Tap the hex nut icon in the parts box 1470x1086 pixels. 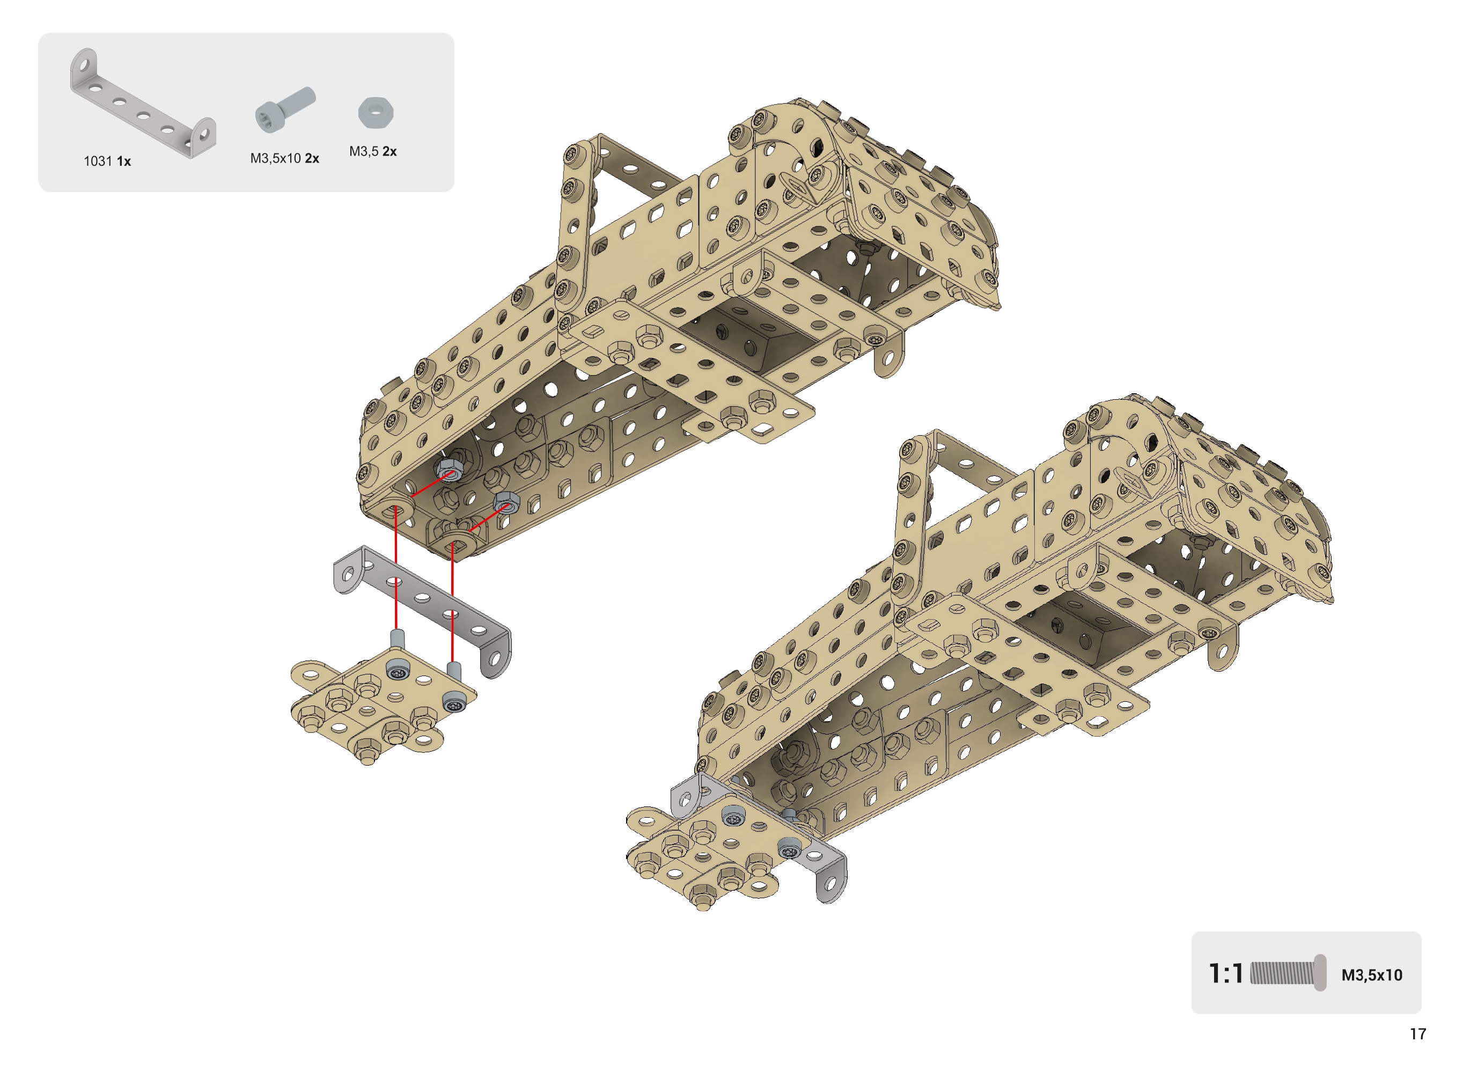[376, 113]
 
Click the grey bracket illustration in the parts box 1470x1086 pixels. [143, 103]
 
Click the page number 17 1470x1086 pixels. [1417, 1034]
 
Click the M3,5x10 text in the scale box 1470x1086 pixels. [1371, 975]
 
